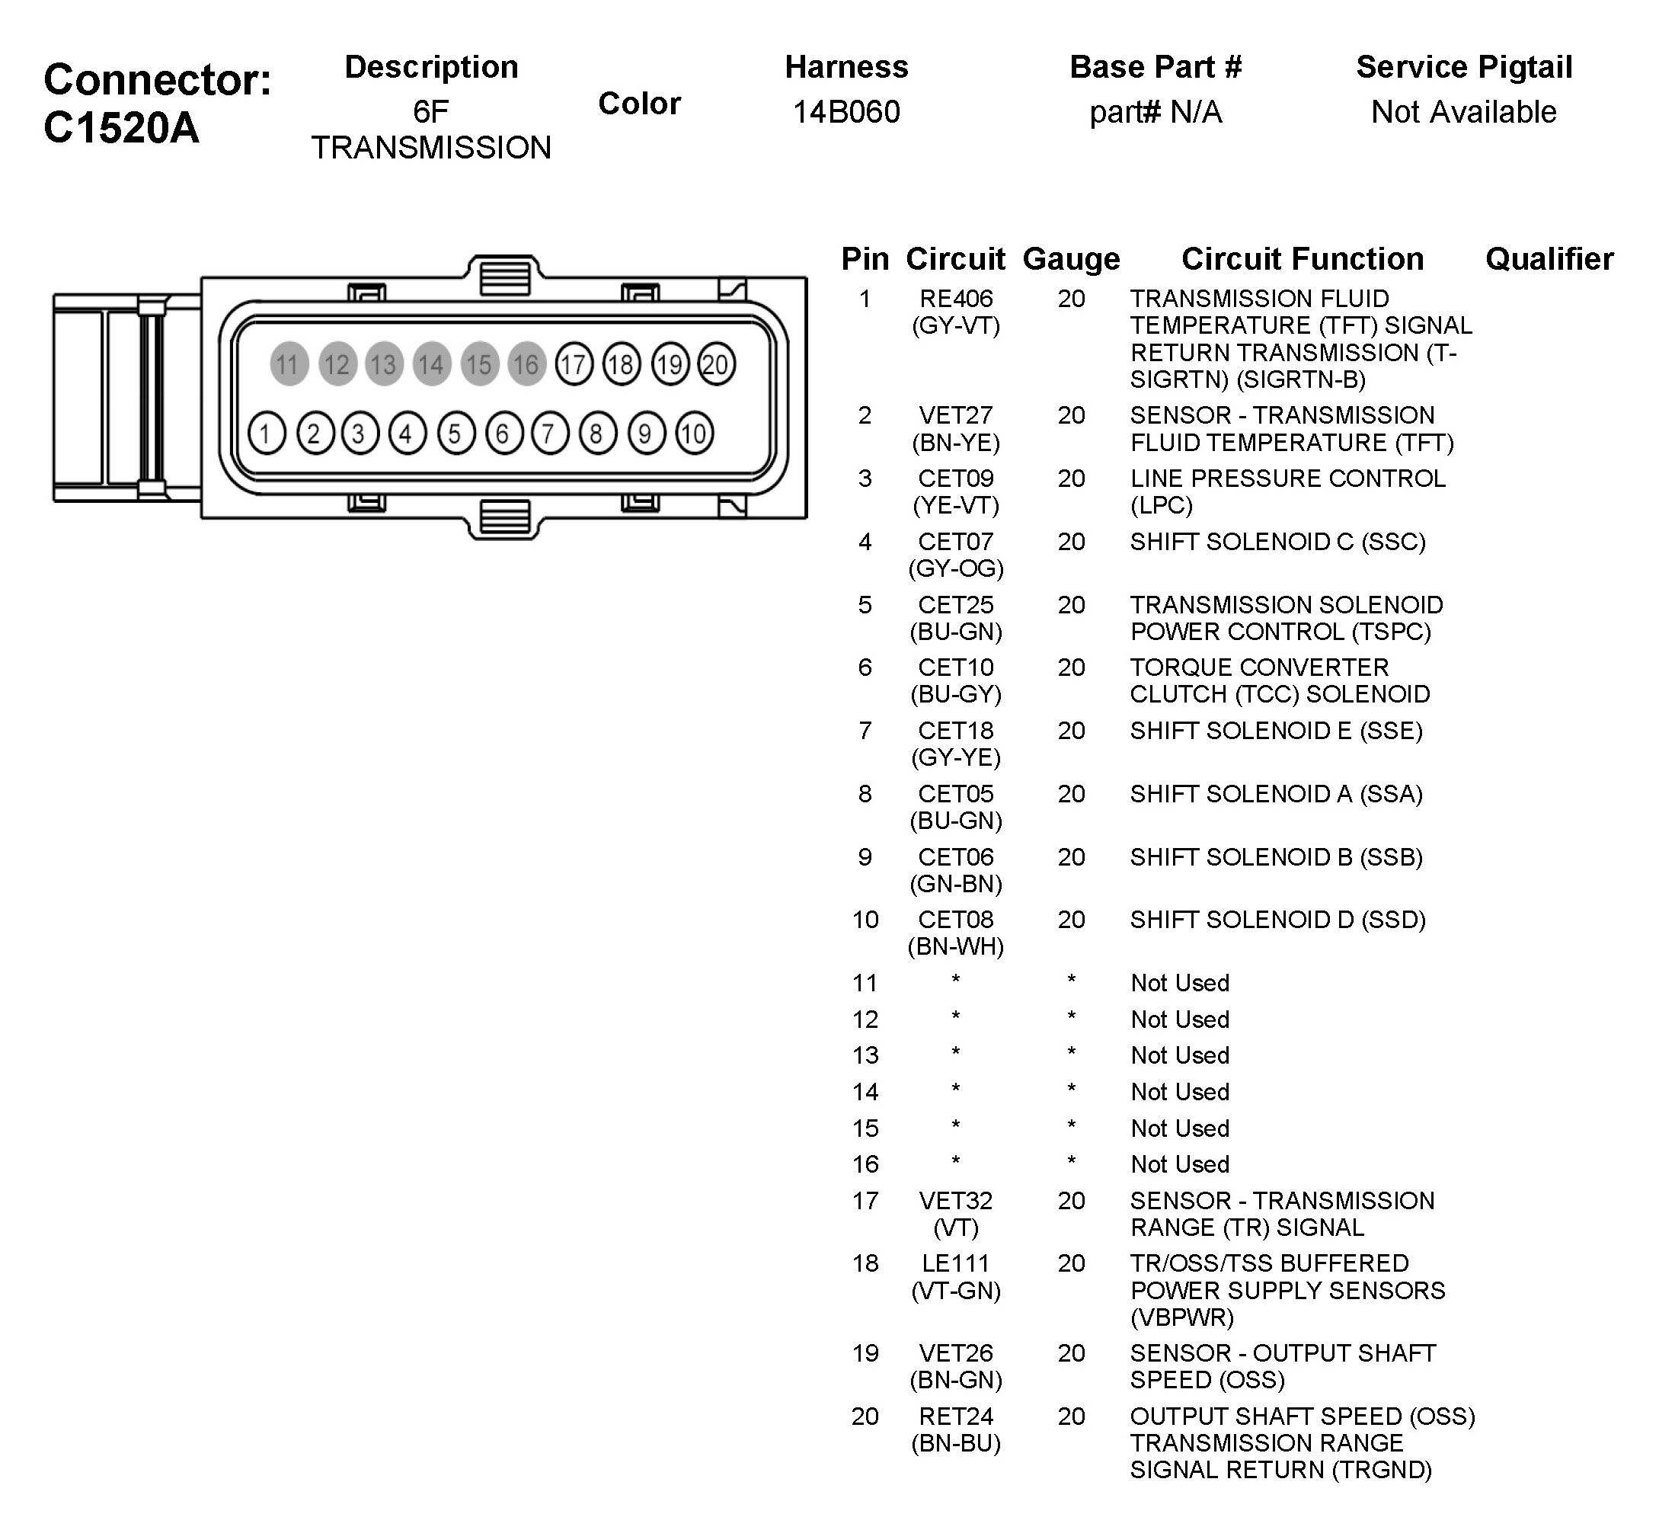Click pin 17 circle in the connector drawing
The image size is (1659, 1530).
(574, 364)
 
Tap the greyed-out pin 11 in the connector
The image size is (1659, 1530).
(288, 364)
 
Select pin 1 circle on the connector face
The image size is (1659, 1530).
(266, 433)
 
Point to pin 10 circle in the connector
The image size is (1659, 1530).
(694, 433)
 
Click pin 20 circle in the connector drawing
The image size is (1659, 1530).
(716, 364)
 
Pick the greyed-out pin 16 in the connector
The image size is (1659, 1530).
(526, 364)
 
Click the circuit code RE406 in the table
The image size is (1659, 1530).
(955, 299)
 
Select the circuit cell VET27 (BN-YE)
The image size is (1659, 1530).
(955, 429)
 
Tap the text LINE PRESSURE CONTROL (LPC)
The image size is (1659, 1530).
(1287, 491)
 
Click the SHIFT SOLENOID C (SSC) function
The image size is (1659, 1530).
(1277, 543)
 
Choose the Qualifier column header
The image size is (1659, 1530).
(1549, 259)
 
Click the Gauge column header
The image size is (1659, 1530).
(1071, 259)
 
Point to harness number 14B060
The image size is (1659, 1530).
(846, 112)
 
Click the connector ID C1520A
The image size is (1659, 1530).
(122, 128)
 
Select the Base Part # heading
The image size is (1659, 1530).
(1156, 67)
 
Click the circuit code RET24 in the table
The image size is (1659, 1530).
(955, 1416)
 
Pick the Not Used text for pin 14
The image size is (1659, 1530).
(1180, 1092)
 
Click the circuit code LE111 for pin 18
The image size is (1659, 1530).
(955, 1263)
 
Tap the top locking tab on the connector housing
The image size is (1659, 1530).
(505, 275)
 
